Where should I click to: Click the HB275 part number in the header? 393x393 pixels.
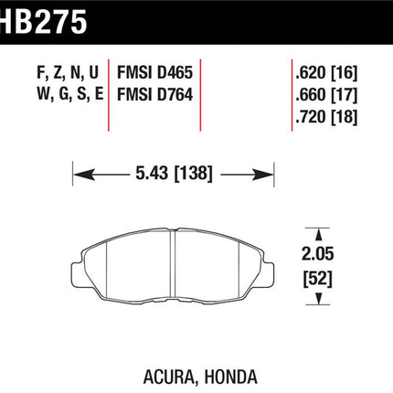pyautogui.click(x=44, y=21)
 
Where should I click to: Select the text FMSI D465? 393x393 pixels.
pyautogui.click(x=155, y=73)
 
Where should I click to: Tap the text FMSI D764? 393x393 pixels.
pyautogui.click(x=155, y=94)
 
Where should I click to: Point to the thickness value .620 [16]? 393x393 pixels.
pyautogui.click(x=326, y=73)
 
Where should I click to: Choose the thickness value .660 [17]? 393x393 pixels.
pyautogui.click(x=326, y=95)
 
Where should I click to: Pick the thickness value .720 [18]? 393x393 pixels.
pyautogui.click(x=326, y=117)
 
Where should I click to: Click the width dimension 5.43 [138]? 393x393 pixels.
pyautogui.click(x=174, y=174)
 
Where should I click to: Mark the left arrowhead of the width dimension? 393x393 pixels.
pyautogui.click(x=84, y=175)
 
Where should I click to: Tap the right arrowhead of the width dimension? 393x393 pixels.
pyautogui.click(x=263, y=175)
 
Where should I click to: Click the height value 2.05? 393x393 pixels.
pyautogui.click(x=317, y=253)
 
